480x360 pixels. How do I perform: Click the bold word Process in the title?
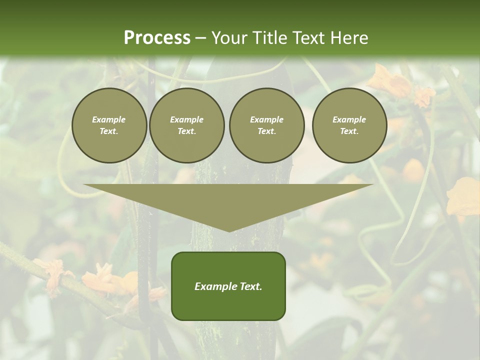(x=157, y=38)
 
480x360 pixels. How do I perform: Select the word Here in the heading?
(x=349, y=38)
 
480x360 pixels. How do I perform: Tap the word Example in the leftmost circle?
(x=109, y=120)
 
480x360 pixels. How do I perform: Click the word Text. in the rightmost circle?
(x=349, y=131)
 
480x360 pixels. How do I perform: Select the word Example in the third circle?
(x=266, y=120)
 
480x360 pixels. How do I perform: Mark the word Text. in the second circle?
(x=186, y=131)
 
